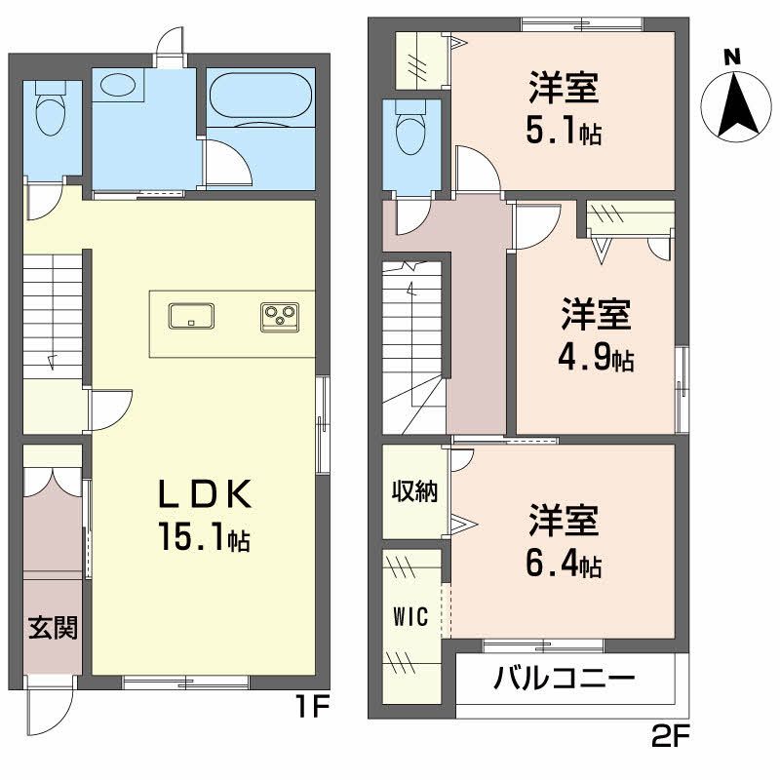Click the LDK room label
click(206, 495)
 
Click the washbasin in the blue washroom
click(119, 85)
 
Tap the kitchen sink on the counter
click(191, 316)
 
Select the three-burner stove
click(280, 316)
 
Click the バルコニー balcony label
click(565, 677)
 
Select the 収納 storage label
click(415, 490)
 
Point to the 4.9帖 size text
click(596, 359)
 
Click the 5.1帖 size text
click(564, 131)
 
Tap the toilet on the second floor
click(410, 126)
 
